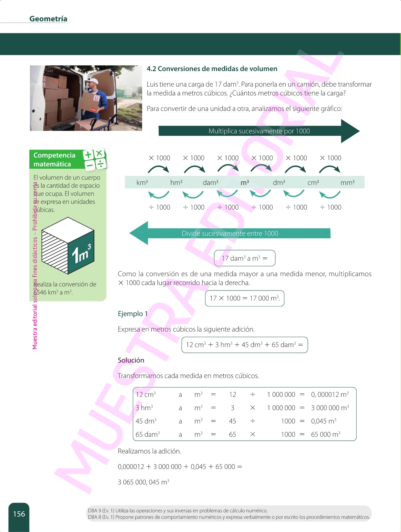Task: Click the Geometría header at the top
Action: [x=48, y=19]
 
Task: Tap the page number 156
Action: [x=19, y=514]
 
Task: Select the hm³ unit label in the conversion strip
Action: [x=176, y=183]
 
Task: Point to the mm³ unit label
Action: [x=347, y=183]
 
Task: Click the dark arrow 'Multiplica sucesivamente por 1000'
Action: [x=259, y=131]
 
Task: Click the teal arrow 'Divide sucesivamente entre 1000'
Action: [x=230, y=233]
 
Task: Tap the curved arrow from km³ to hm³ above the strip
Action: [x=159, y=169]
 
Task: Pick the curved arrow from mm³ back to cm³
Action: [x=330, y=195]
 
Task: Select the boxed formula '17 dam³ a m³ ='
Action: [x=245, y=258]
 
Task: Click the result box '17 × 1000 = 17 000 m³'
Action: [x=245, y=298]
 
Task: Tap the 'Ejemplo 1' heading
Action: [x=132, y=314]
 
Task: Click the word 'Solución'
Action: [x=131, y=360]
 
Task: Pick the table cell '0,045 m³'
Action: [x=324, y=421]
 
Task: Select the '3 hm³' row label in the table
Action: [x=144, y=408]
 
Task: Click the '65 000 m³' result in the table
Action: [x=326, y=434]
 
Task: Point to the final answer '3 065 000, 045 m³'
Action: [x=143, y=482]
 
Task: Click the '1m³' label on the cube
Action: [x=81, y=253]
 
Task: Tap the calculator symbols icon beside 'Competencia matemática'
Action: [x=95, y=159]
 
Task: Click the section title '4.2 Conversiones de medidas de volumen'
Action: [x=212, y=69]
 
